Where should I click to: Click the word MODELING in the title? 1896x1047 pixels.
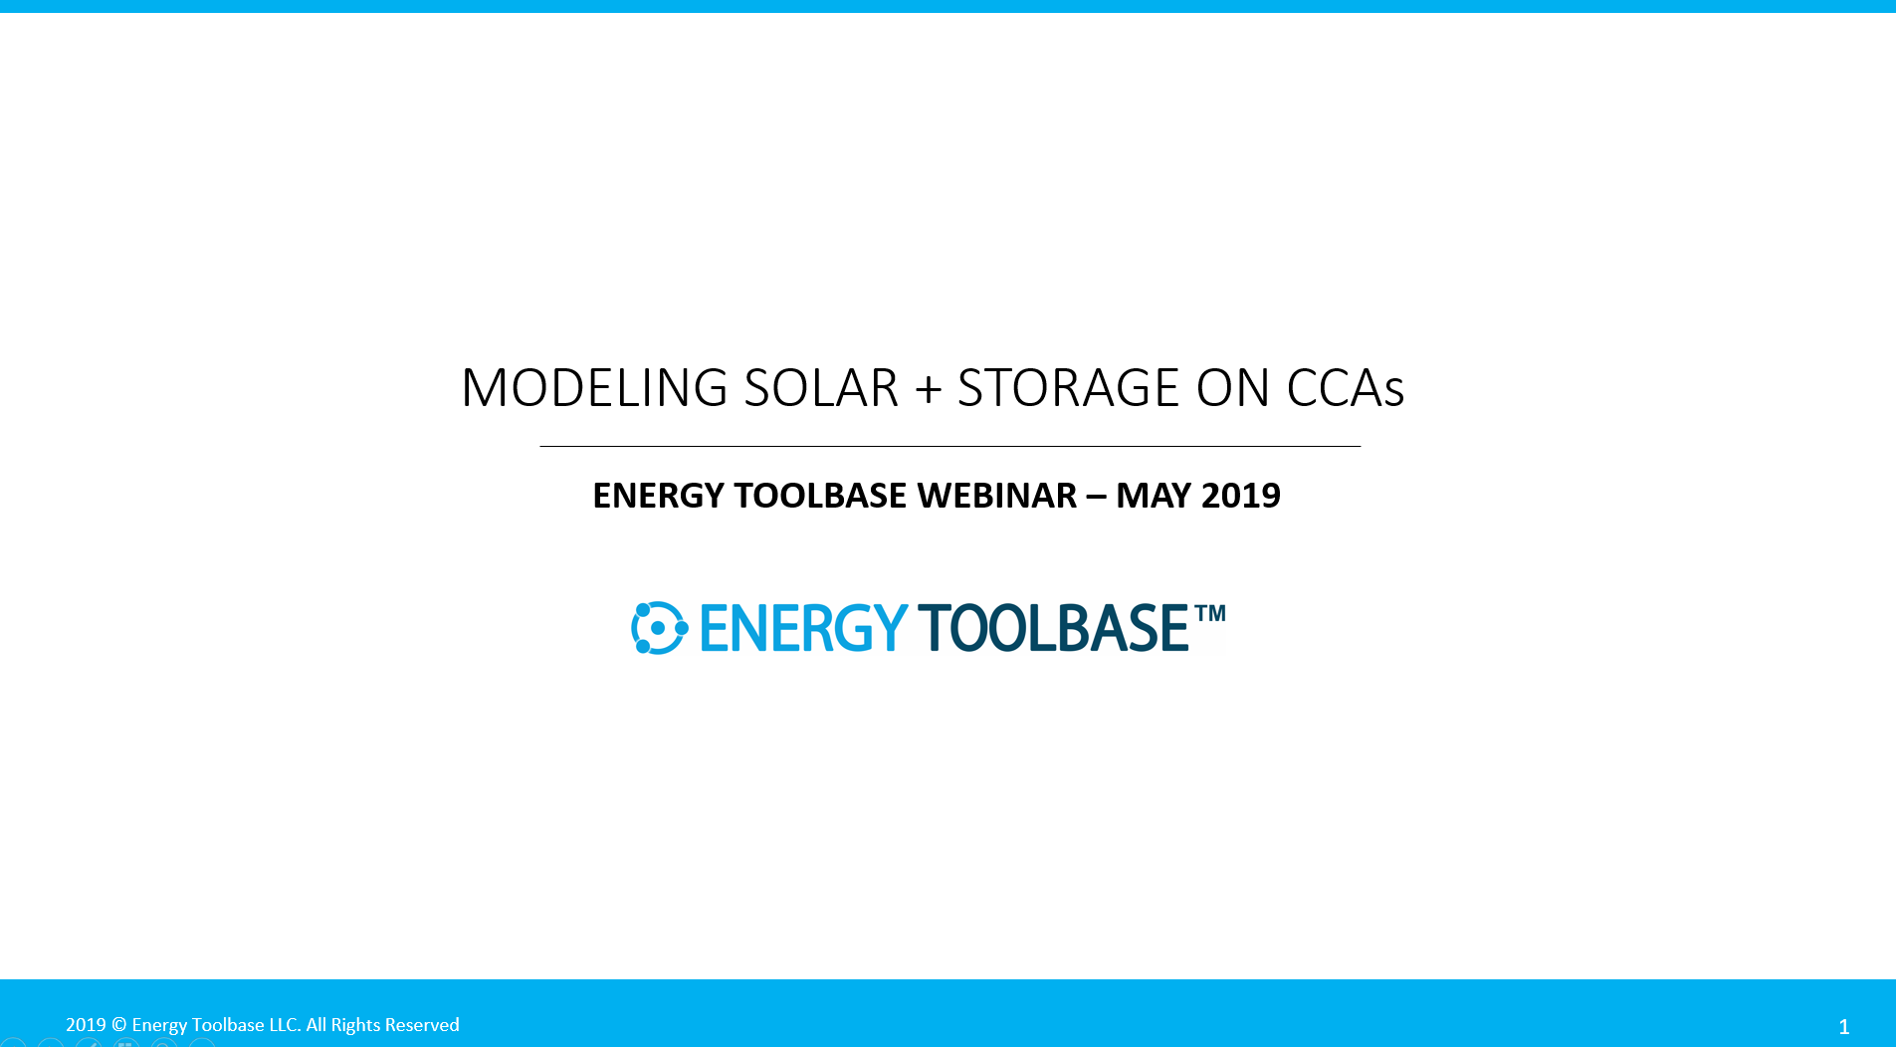pos(594,388)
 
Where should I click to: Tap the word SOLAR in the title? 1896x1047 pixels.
pos(821,388)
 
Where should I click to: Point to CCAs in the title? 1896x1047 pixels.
pos(1345,388)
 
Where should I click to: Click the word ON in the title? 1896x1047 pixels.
pos(1232,388)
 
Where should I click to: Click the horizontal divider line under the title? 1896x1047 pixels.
pos(949,447)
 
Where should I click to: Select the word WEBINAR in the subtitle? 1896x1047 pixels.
pos(996,496)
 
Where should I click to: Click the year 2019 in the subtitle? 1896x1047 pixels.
pos(1240,496)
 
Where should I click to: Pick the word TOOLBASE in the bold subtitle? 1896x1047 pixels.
pos(819,496)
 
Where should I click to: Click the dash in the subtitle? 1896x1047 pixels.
pos(1096,497)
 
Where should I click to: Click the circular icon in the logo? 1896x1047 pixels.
pos(659,628)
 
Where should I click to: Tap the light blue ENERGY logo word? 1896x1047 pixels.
pos(802,628)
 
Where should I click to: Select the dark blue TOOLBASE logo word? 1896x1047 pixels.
pos(1052,628)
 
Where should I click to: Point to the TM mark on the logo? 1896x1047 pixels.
pos(1210,613)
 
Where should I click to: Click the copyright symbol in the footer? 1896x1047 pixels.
pos(118,1025)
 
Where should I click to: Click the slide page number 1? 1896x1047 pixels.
pos(1843,1027)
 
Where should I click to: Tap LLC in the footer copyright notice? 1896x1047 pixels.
pos(284,1025)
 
